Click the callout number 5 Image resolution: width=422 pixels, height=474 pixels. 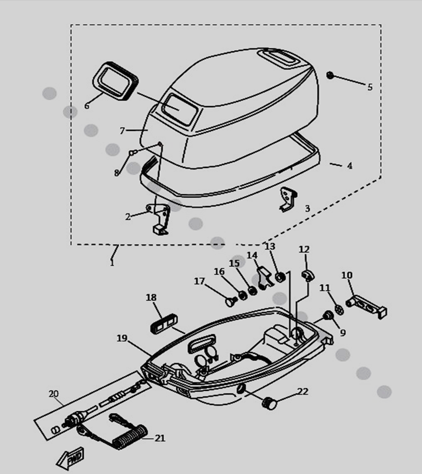(370, 87)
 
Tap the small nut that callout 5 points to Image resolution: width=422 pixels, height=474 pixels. (330, 75)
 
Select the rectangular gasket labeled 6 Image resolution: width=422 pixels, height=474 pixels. (115, 81)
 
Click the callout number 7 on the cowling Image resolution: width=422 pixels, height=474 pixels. (122, 131)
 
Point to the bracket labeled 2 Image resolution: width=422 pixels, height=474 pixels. (158, 219)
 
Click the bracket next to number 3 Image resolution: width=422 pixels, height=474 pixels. (288, 199)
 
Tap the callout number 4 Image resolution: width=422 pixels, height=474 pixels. (349, 166)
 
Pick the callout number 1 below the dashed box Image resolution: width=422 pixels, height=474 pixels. (112, 263)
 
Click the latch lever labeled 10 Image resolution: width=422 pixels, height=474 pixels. (367, 306)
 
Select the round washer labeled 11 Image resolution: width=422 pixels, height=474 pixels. (339, 310)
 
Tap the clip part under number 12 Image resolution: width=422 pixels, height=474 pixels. (307, 275)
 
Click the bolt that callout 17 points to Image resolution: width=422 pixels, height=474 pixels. (232, 301)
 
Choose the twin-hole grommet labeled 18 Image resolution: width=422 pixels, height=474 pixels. (164, 323)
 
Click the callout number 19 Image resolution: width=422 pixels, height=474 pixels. (122, 338)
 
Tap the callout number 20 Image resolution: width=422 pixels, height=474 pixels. (53, 394)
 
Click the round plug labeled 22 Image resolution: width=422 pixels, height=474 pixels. (270, 403)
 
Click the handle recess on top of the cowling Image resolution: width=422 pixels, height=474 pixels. (278, 58)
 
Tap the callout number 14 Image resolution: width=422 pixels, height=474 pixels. (252, 255)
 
